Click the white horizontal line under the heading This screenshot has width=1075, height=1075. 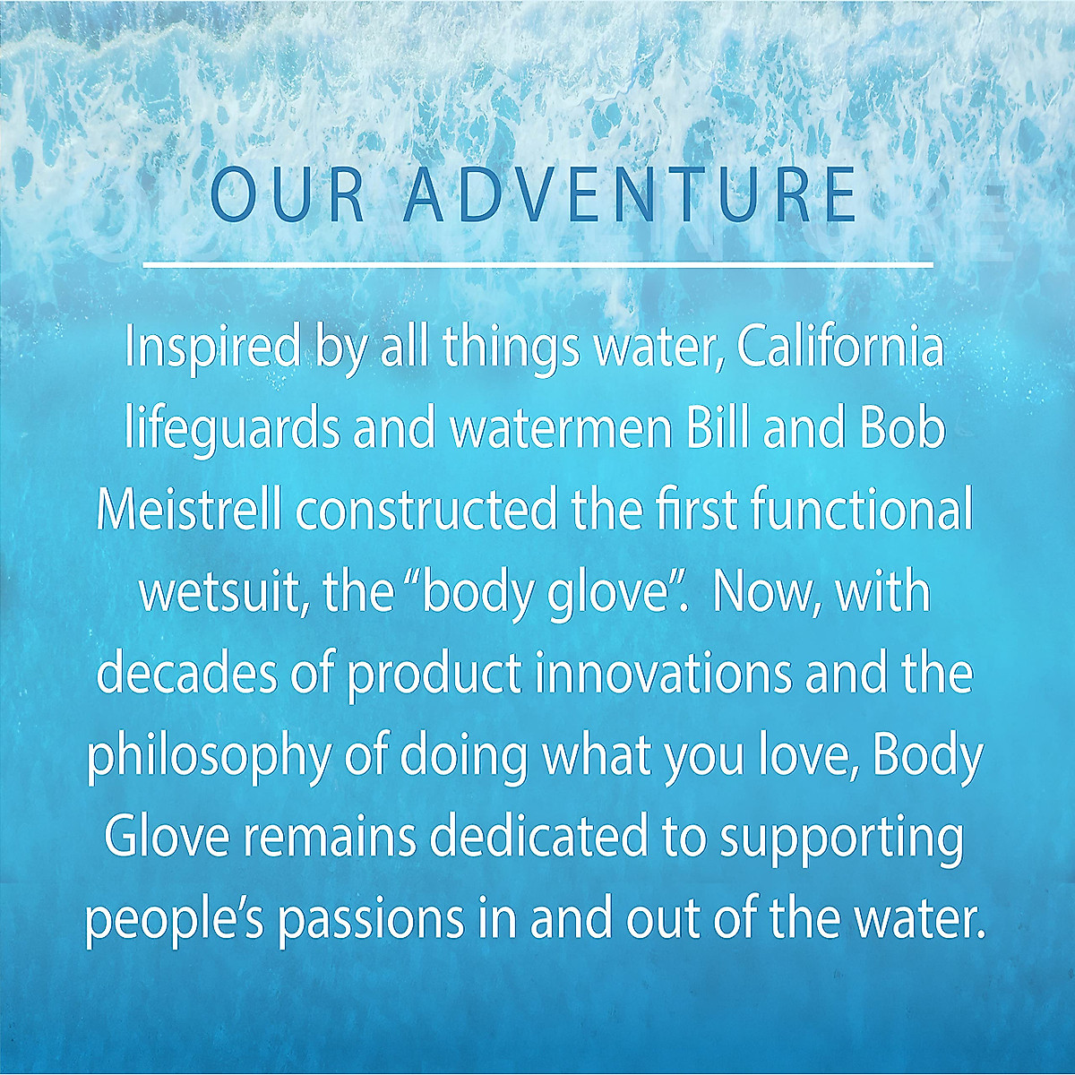[x=537, y=264]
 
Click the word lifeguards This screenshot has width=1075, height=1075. [x=233, y=434]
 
